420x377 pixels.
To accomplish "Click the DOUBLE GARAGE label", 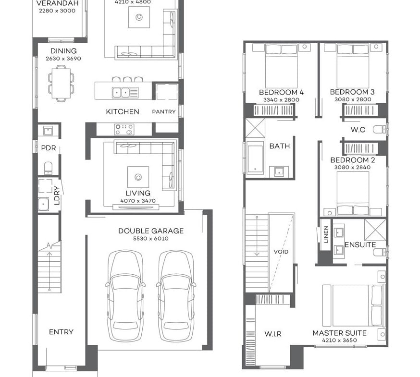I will point(144,231).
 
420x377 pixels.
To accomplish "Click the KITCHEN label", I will point(123,112).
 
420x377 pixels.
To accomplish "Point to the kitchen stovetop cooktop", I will point(124,129).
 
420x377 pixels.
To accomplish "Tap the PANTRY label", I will point(164,112).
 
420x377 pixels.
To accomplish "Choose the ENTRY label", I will point(61,332).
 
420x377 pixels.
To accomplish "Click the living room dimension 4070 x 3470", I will point(137,201).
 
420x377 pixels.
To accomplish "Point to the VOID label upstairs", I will point(281,252).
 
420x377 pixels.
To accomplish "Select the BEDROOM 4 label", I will point(281,92).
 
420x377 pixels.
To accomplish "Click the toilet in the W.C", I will point(380,129).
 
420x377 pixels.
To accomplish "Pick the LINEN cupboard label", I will point(326,234).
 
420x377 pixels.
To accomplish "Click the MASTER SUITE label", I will point(339,333).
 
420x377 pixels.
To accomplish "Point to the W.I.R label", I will point(272,334).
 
